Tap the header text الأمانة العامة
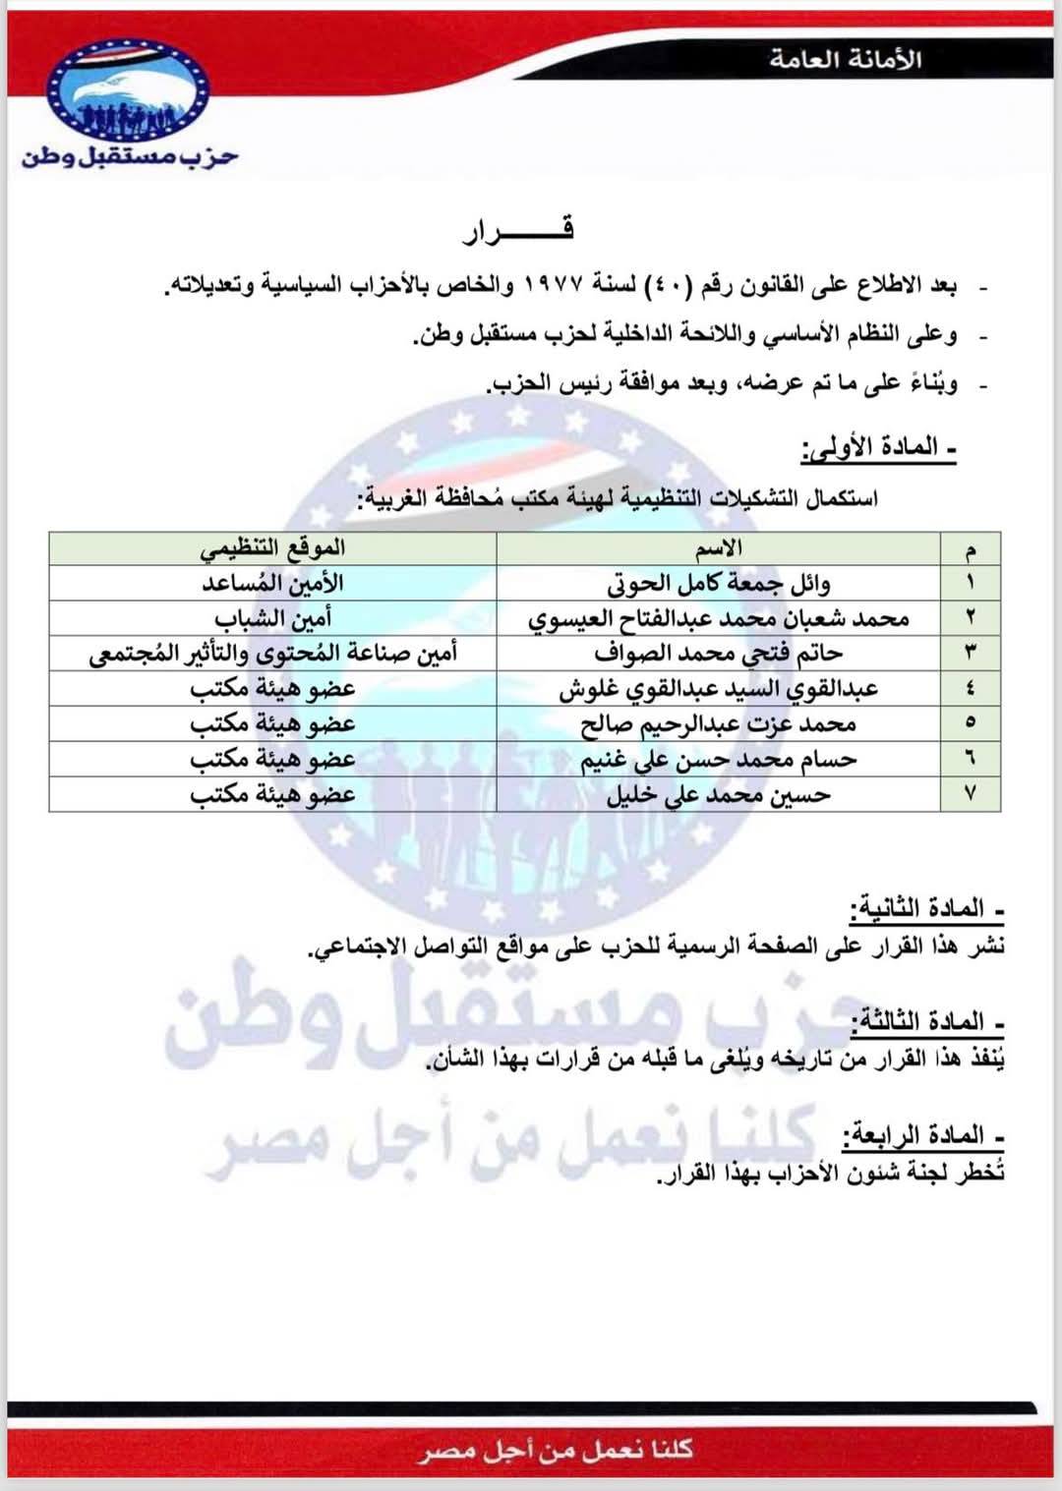point(845,60)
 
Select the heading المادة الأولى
point(879,448)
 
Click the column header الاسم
point(719,548)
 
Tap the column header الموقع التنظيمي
point(272,548)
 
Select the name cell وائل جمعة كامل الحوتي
point(719,584)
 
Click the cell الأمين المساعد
point(272,583)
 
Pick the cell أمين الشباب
point(272,618)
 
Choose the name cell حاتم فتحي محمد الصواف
point(719,654)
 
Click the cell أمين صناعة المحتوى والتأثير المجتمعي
point(272,654)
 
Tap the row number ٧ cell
point(971,794)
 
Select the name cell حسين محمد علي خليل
point(719,794)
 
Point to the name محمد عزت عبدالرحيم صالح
point(719,724)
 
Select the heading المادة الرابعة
point(919,1136)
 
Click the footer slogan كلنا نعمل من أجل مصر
point(556,1450)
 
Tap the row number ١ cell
point(971,583)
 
